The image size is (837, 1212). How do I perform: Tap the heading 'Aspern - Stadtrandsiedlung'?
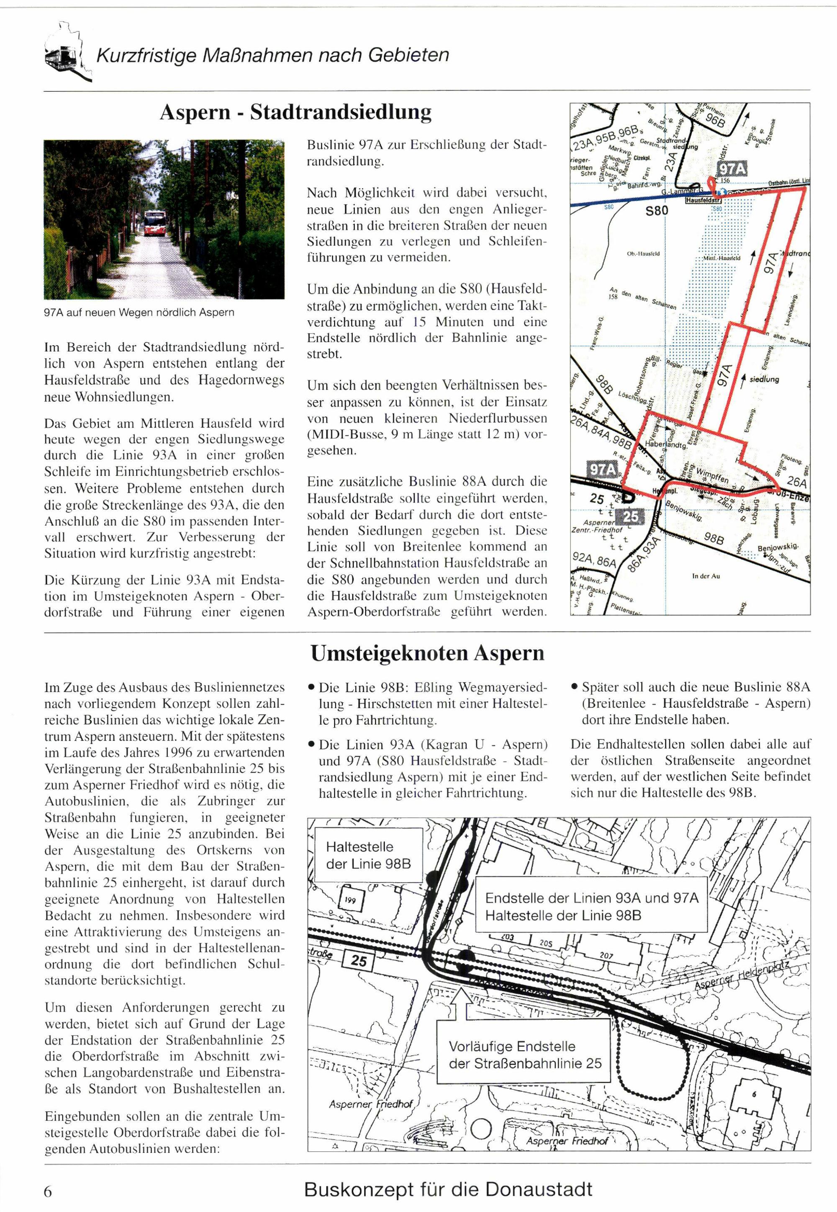pyautogui.click(x=295, y=112)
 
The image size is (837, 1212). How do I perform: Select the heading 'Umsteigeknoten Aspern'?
pyautogui.click(x=427, y=654)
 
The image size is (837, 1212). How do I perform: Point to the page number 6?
pyautogui.click(x=48, y=1191)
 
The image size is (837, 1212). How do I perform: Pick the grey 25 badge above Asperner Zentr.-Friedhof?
pyautogui.click(x=630, y=517)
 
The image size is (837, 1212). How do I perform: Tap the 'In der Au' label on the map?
pyautogui.click(x=706, y=576)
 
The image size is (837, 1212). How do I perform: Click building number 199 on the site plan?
pyautogui.click(x=350, y=901)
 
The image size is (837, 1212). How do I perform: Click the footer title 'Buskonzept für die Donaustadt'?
pyautogui.click(x=448, y=1189)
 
